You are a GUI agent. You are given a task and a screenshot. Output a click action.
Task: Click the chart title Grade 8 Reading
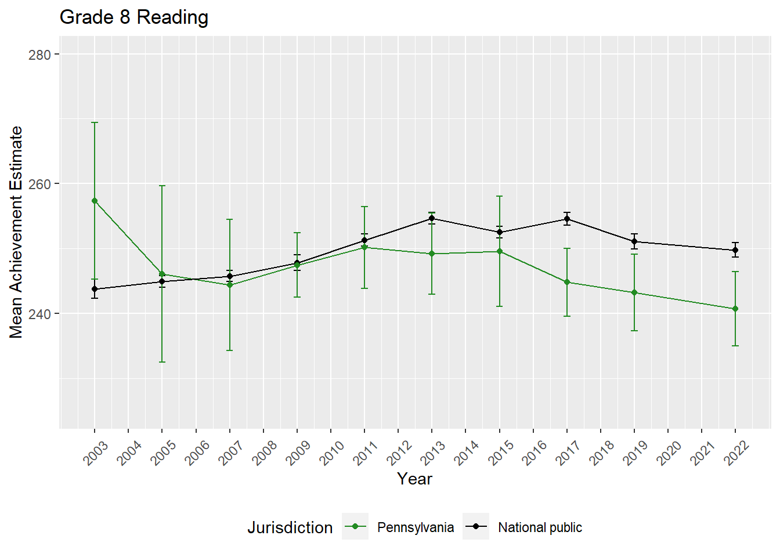click(x=134, y=17)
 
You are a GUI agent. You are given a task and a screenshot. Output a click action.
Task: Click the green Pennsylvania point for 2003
click(x=95, y=201)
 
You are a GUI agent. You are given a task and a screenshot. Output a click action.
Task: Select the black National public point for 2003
click(x=95, y=289)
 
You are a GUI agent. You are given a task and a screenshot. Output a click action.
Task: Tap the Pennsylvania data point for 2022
click(x=735, y=309)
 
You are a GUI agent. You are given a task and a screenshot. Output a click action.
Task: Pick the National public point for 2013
click(x=432, y=219)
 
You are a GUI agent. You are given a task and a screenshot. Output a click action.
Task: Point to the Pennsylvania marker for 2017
click(x=567, y=282)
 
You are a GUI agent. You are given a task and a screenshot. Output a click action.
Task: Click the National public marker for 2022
click(x=735, y=250)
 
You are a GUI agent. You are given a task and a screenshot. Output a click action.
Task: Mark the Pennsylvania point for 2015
click(x=500, y=251)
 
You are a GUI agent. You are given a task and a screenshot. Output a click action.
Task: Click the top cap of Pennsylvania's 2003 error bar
click(x=95, y=122)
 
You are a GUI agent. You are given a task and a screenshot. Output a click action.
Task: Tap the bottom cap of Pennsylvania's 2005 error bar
click(x=162, y=362)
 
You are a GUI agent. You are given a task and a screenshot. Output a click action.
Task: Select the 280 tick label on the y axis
click(x=39, y=55)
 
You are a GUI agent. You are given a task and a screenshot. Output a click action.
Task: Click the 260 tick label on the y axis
click(x=39, y=184)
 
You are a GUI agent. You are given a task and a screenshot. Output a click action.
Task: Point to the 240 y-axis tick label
click(x=39, y=314)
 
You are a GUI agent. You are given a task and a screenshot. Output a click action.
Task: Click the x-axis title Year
click(x=414, y=479)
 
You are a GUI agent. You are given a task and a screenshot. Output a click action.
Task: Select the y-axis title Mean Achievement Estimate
click(x=16, y=232)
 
